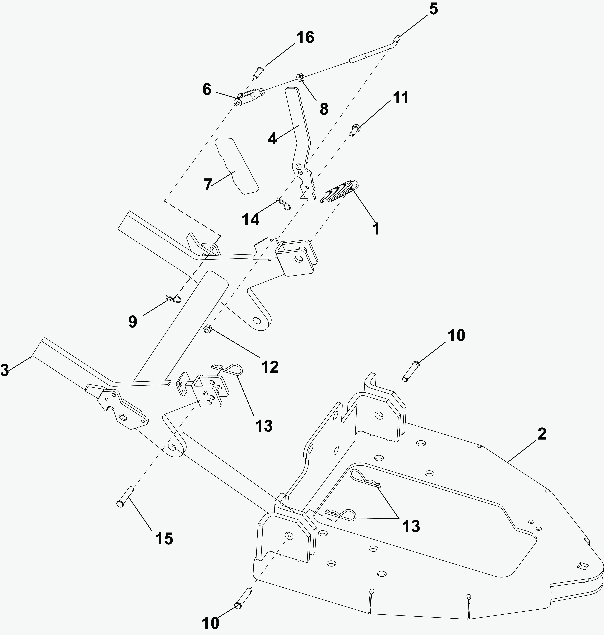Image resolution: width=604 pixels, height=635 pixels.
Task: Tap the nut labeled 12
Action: click(x=208, y=329)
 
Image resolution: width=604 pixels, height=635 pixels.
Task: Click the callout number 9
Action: click(x=133, y=322)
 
